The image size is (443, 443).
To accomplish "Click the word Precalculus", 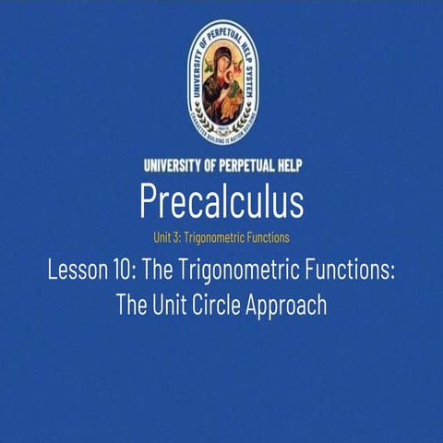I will tap(221, 198).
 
